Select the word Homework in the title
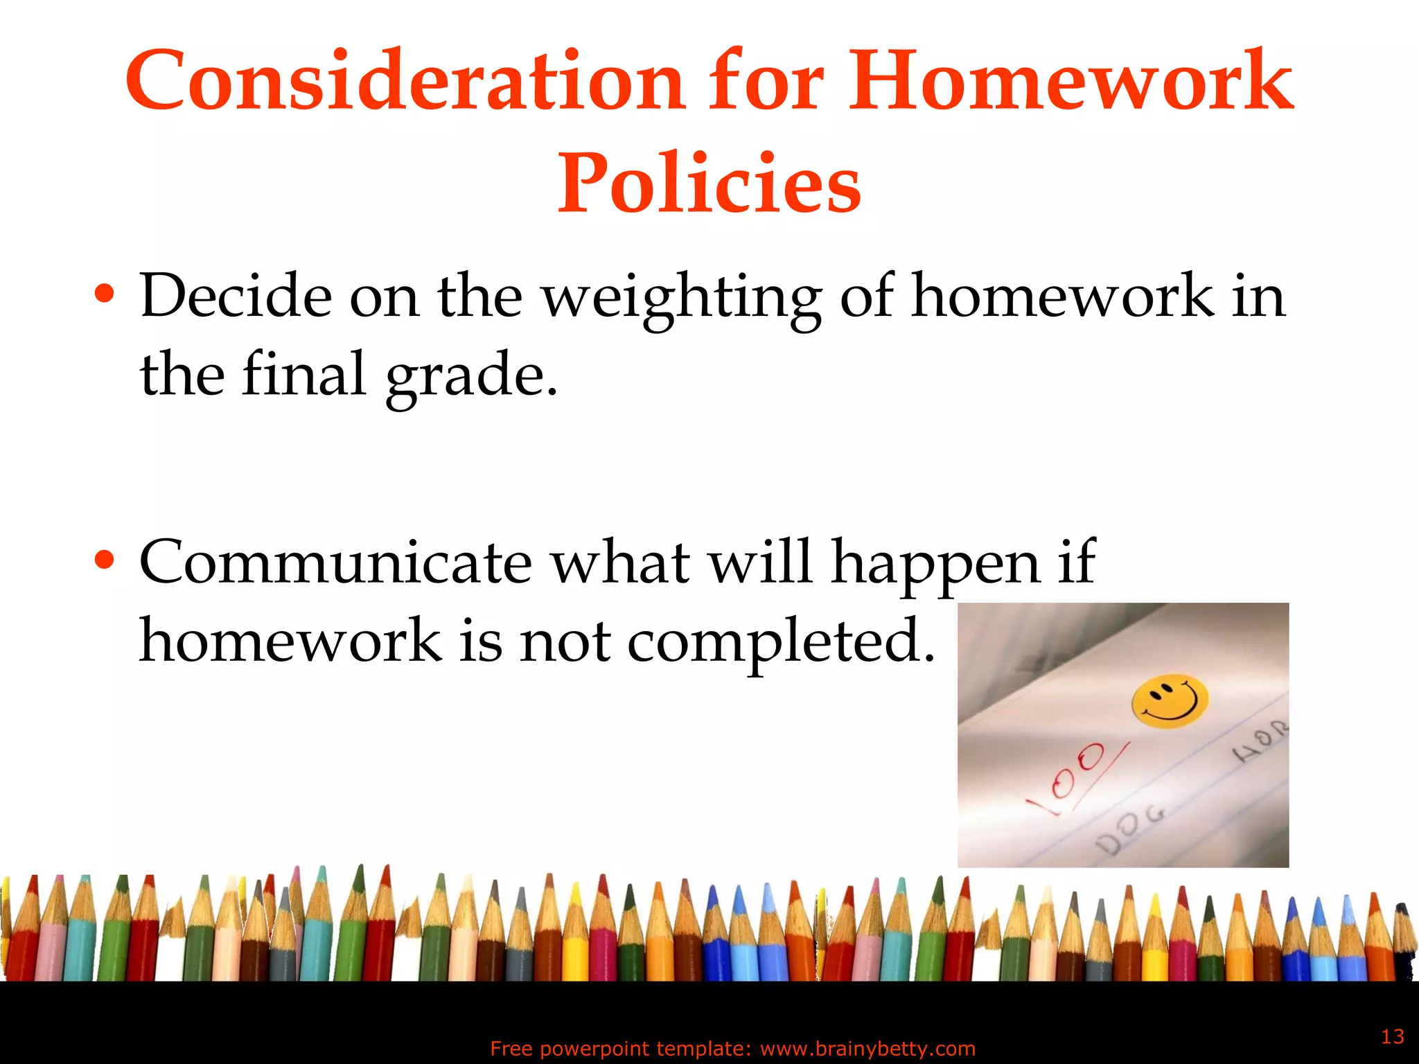[1070, 81]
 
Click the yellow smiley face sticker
[1170, 701]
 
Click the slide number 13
[1392, 1037]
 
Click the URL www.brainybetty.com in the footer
[867, 1049]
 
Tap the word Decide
[236, 296]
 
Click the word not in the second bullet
[565, 641]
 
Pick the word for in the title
[766, 81]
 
